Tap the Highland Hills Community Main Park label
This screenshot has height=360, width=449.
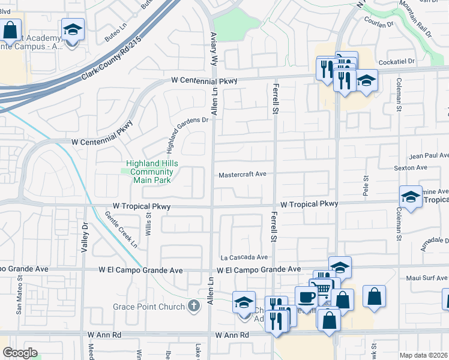[151, 172]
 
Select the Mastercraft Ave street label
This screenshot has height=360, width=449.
[242, 175]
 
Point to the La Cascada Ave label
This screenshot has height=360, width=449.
[244, 257]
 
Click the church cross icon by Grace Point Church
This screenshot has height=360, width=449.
[193, 307]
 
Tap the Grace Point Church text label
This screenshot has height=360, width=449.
[148, 307]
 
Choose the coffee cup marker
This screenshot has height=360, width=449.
[306, 297]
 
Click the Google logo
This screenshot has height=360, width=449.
[20, 352]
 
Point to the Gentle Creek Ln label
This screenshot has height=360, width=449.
[121, 229]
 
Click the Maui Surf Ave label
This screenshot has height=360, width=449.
[426, 278]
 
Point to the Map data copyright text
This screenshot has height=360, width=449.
[424, 355]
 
